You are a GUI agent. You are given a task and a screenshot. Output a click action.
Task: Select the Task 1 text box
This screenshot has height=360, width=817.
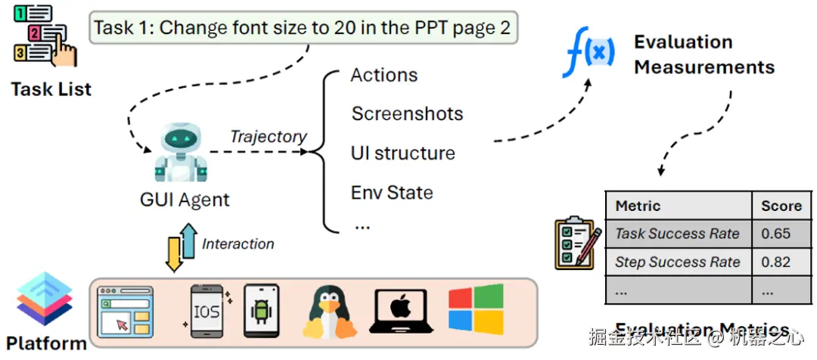pyautogui.click(x=303, y=29)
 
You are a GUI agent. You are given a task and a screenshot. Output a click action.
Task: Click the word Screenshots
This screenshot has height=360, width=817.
pyautogui.click(x=407, y=114)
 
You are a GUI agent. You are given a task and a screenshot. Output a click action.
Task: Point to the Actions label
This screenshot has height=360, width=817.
pyautogui.click(x=384, y=75)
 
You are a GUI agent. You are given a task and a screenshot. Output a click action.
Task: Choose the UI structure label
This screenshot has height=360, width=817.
pyautogui.click(x=403, y=154)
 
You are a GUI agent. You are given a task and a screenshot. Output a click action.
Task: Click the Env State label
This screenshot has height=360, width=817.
pyautogui.click(x=392, y=193)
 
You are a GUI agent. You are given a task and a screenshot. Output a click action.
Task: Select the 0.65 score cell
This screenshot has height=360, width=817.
pyautogui.click(x=777, y=234)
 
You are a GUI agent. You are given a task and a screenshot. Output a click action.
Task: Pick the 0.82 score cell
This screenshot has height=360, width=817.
pyautogui.click(x=777, y=262)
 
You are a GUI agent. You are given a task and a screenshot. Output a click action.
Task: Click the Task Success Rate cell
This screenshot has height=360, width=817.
pyautogui.click(x=677, y=234)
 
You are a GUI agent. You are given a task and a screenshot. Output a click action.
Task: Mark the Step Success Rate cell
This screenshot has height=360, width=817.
pyautogui.click(x=677, y=262)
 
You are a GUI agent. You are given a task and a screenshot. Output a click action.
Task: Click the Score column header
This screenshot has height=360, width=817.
pyautogui.click(x=781, y=206)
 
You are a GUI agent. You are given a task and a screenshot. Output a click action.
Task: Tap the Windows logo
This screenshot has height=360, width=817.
pyautogui.click(x=476, y=309)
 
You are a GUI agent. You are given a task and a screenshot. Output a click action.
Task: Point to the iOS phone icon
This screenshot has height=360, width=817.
pyautogui.click(x=207, y=312)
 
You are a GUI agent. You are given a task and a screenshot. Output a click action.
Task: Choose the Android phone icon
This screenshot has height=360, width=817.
pyautogui.click(x=261, y=311)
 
